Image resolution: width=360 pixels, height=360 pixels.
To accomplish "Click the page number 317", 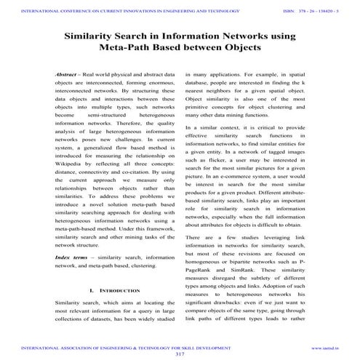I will (180, 353).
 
